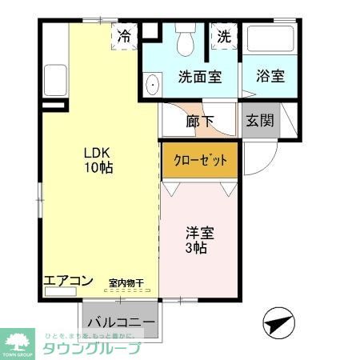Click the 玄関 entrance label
coord(260,122)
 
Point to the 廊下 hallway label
coord(200,122)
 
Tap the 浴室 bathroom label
coord(270,78)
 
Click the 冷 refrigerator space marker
coord(124,36)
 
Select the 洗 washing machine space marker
coord(224,37)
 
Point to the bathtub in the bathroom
coord(270,40)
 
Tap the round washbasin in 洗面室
coord(152,83)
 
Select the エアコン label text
coord(69,281)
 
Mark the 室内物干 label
coord(126,282)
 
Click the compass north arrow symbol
coord(277,323)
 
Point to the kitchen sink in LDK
coord(55,79)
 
